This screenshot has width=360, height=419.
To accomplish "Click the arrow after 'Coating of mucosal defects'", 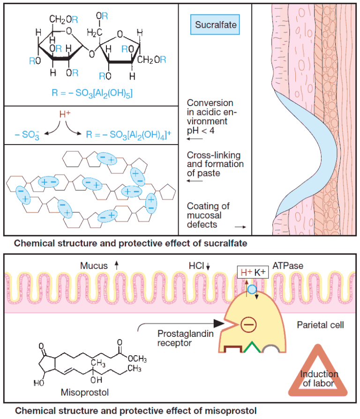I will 240,226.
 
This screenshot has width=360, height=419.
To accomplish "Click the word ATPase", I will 288,266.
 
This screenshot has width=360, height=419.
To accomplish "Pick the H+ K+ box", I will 253,272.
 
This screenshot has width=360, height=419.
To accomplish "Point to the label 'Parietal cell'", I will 321,325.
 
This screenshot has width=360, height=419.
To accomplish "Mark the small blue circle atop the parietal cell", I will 252,289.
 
